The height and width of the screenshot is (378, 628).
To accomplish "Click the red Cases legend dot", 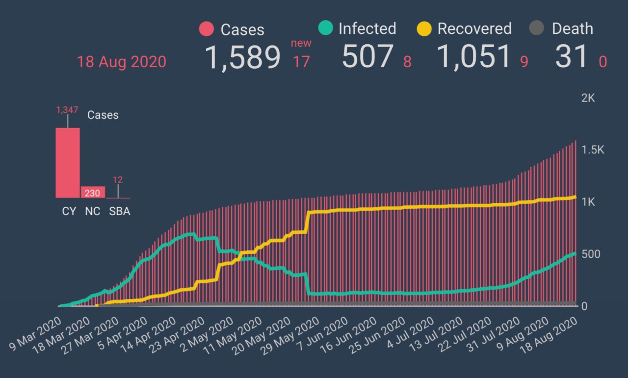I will pyautogui.click(x=207, y=29).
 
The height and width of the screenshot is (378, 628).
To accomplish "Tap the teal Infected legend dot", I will pyautogui.click(x=325, y=28).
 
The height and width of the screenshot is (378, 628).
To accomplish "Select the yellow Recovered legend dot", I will pyautogui.click(x=424, y=28).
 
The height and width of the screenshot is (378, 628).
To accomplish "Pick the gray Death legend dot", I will pyautogui.click(x=537, y=28).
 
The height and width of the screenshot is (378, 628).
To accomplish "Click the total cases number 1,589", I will pyautogui.click(x=242, y=57).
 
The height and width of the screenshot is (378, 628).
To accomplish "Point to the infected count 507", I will pyautogui.click(x=368, y=57).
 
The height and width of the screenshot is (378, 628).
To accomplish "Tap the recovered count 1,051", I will pyautogui.click(x=474, y=57).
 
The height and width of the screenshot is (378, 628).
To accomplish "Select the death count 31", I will pyautogui.click(x=572, y=57).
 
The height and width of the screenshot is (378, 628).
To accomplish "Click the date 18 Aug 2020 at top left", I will pyautogui.click(x=121, y=62).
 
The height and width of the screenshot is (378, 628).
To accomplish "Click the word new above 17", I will pyautogui.click(x=301, y=43).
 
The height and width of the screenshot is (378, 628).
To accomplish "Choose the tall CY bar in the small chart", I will pyautogui.click(x=68, y=162).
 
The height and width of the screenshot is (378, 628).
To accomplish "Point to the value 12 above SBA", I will pyautogui.click(x=118, y=180).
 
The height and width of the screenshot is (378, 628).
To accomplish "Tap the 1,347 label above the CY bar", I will pyautogui.click(x=68, y=110).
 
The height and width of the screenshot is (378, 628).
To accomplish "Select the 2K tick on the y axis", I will pyautogui.click(x=588, y=98).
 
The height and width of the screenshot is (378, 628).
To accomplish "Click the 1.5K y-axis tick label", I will pyautogui.click(x=593, y=150).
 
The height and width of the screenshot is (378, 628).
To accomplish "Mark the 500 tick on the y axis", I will pyautogui.click(x=591, y=254).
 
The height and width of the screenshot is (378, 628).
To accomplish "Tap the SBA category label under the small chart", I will pyautogui.click(x=119, y=212).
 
